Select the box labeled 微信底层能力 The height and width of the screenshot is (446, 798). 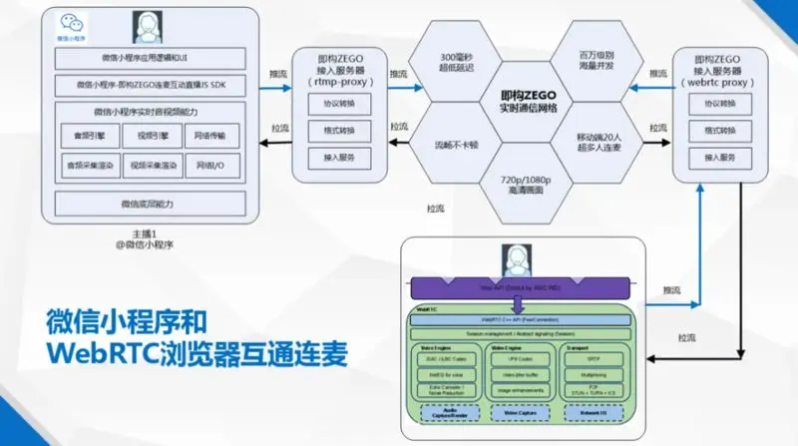click(x=147, y=204)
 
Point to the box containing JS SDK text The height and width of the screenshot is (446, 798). click(x=147, y=85)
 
